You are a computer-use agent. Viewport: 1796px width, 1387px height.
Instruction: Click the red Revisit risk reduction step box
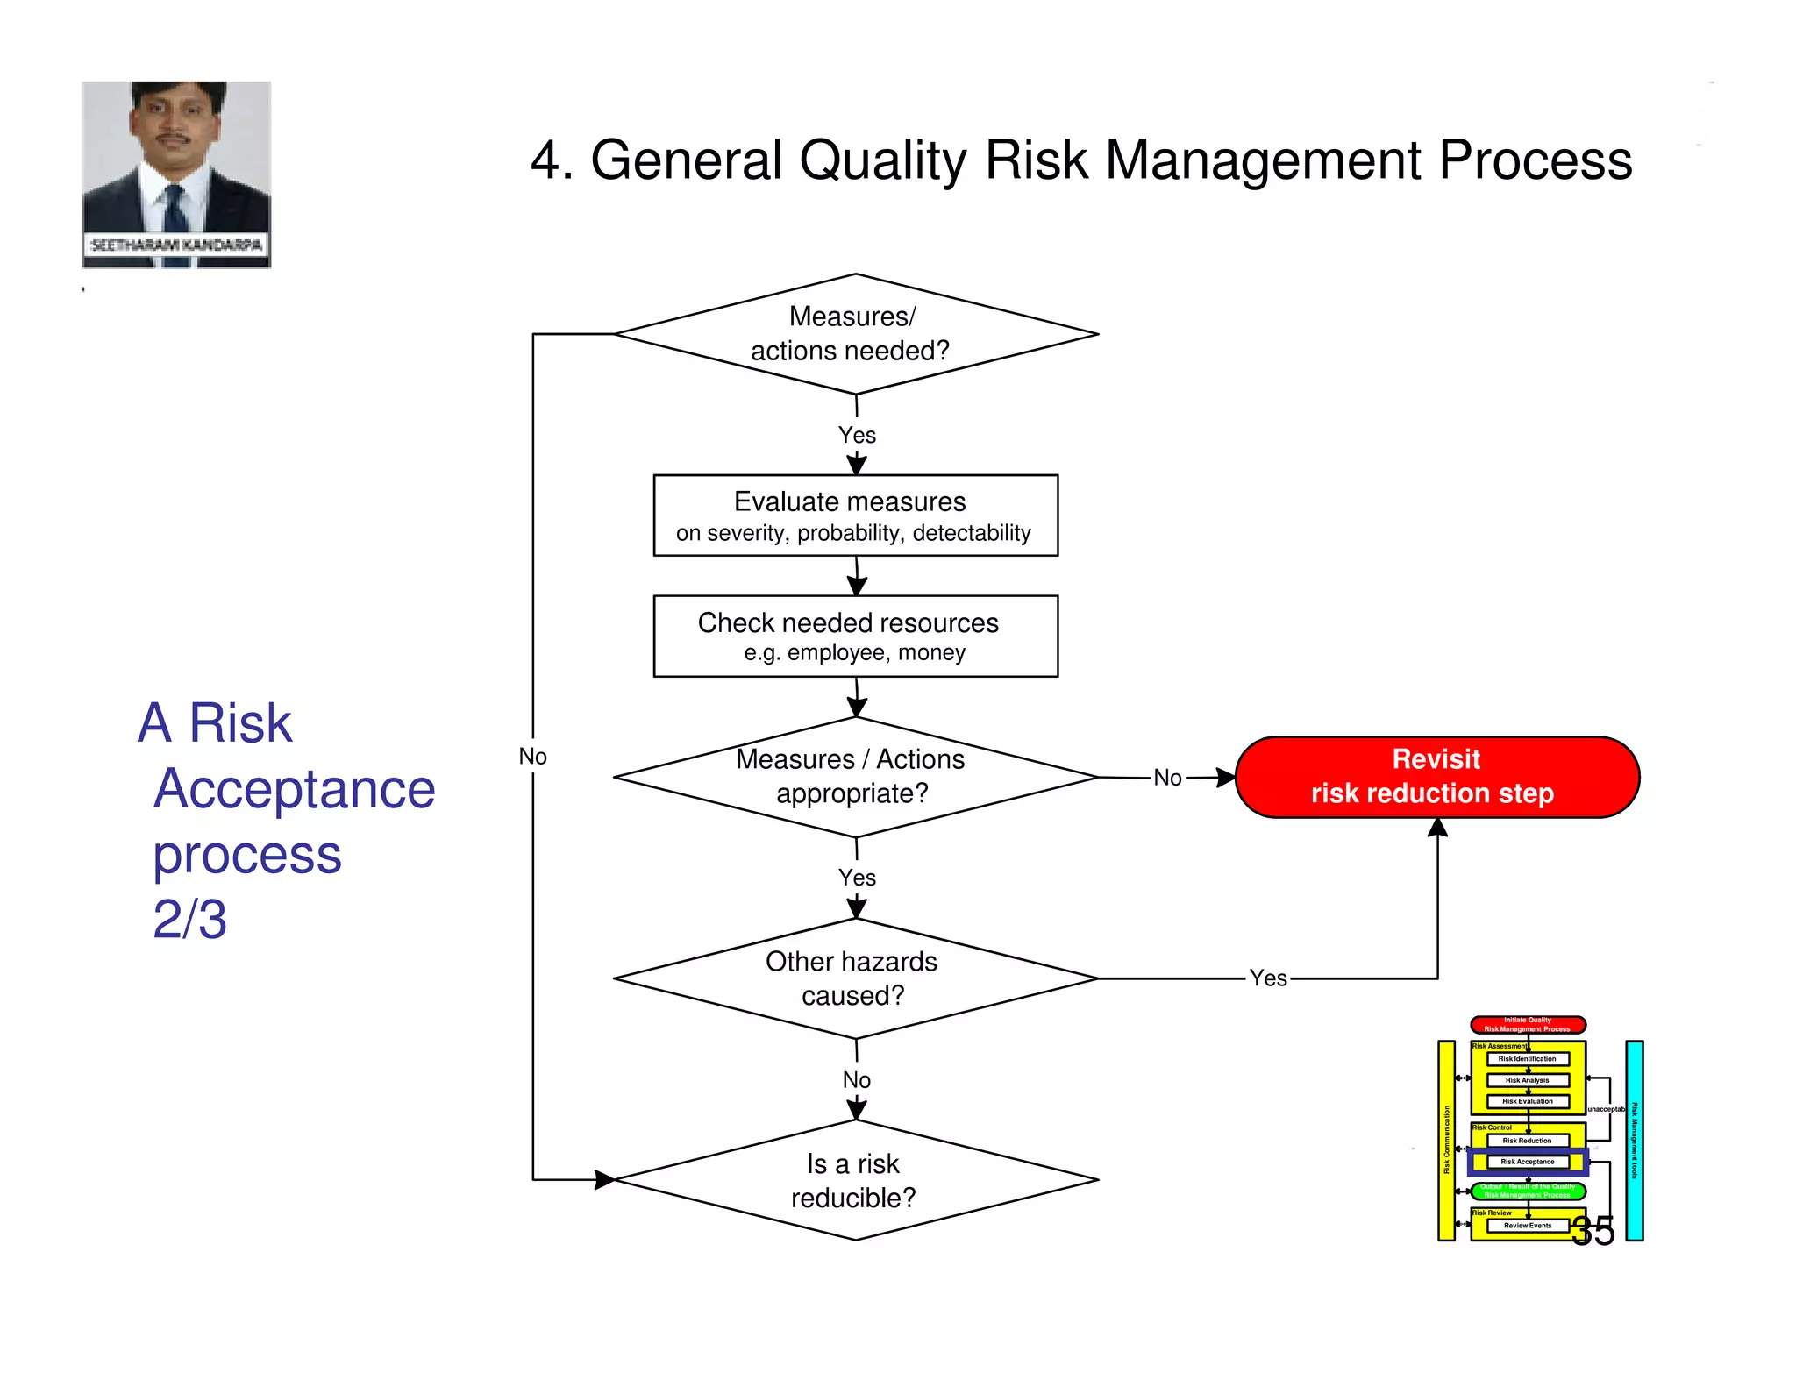click(1436, 777)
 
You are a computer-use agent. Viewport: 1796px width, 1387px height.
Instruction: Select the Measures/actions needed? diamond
click(855, 333)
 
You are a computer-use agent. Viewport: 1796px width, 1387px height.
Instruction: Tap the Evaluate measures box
click(855, 516)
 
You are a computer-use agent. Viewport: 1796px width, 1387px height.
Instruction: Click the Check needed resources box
click(855, 636)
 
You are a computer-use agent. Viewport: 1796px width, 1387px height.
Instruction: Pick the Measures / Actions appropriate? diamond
click(855, 777)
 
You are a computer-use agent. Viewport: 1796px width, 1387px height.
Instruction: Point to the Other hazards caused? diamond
click(855, 978)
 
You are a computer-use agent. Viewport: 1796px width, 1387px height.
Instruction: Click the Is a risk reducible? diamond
click(855, 1180)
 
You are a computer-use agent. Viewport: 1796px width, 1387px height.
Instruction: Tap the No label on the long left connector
click(532, 757)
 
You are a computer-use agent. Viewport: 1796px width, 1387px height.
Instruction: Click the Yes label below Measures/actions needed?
click(857, 435)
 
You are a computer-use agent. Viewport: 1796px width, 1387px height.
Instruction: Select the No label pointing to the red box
click(1167, 778)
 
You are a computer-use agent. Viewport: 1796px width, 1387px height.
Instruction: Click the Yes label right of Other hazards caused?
click(1268, 978)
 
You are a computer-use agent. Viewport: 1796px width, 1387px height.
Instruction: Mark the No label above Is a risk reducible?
click(857, 1080)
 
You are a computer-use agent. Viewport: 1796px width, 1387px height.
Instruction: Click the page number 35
click(1593, 1231)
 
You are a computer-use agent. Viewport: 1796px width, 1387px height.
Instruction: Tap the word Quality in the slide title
click(882, 160)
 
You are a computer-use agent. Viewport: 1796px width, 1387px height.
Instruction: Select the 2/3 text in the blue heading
click(189, 919)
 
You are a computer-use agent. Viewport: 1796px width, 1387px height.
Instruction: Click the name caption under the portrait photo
click(176, 245)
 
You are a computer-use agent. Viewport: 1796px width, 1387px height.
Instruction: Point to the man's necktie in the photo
click(175, 210)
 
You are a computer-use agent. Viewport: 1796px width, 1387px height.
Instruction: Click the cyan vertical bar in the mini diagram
click(1634, 1140)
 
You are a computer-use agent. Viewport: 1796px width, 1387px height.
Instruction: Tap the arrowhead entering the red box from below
click(1437, 828)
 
